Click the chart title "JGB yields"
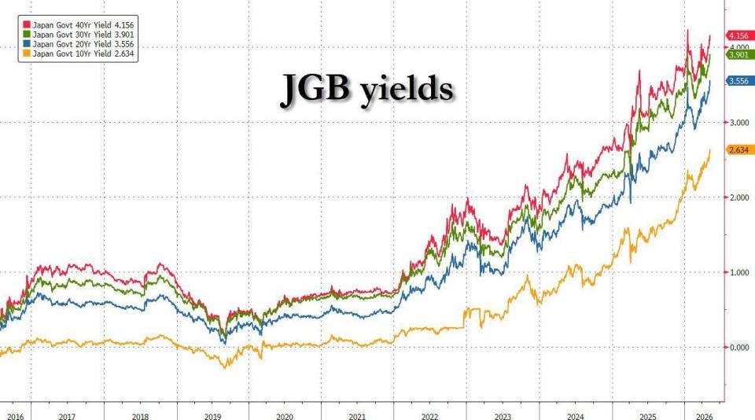367,90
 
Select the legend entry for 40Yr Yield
78,25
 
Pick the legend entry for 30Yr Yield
78,35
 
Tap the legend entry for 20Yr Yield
78,44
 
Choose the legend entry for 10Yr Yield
78,54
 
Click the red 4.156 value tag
738,35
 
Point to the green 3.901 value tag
738,55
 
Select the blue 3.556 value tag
738,81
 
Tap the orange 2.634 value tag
738,150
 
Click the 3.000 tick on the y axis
739,123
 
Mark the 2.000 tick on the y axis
739,197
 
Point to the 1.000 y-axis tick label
739,273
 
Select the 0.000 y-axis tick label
739,348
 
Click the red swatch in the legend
27,25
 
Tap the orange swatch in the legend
27,54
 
